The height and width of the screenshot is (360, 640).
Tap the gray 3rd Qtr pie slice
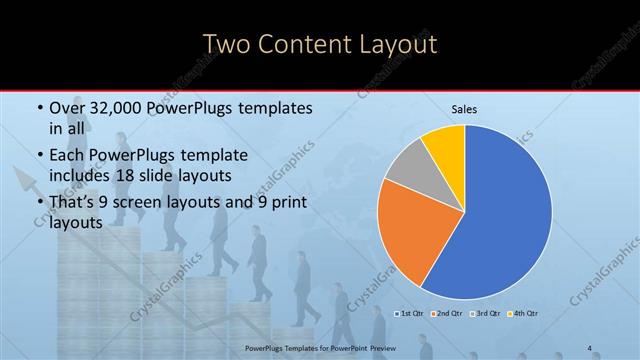tap(407, 167)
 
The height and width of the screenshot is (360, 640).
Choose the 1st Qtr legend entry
tap(411, 313)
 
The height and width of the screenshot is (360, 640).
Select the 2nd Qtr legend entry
tap(446, 313)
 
